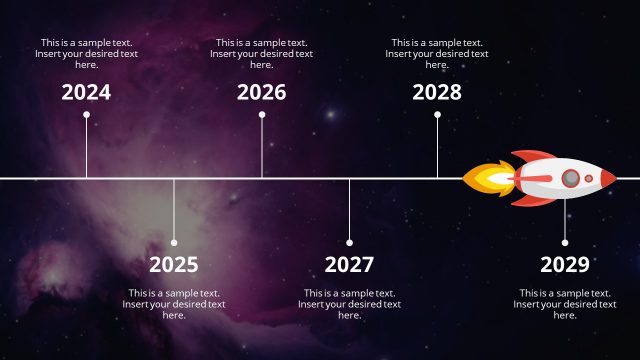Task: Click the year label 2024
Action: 86,93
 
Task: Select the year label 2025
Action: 174,265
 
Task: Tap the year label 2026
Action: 262,93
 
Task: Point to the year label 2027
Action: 349,265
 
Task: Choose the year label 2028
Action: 437,93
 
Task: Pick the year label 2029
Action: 565,265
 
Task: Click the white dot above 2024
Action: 86,115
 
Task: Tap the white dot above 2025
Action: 174,242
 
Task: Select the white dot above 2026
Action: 262,115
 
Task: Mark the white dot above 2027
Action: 349,242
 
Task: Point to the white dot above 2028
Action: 437,115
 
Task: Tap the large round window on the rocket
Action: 570,179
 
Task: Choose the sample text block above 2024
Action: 86,54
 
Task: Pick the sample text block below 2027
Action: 349,304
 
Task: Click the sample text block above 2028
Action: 437,54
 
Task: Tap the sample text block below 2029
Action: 565,304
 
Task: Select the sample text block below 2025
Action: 174,304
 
